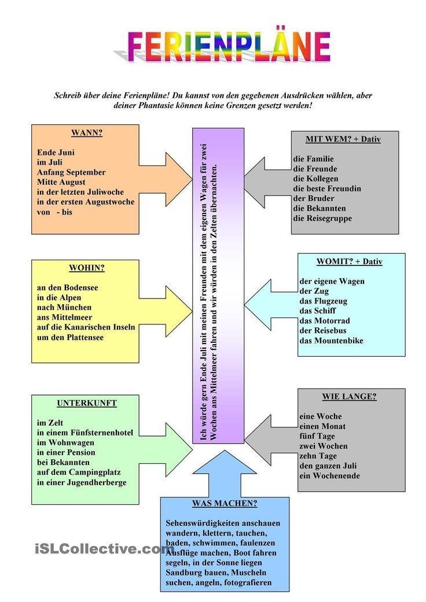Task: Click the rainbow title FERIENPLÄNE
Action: [229, 47]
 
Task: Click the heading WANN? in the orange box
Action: [86, 133]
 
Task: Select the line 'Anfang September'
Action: [71, 172]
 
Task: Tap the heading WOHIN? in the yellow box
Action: [86, 268]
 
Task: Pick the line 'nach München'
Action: [64, 308]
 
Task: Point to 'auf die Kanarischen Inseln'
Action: [86, 327]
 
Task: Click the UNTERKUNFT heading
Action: [86, 403]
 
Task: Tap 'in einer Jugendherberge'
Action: [81, 482]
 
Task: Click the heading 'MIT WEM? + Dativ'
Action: [343, 139]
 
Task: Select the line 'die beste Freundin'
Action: [327, 189]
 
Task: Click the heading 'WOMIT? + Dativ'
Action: [349, 261]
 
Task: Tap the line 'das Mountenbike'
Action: [331, 341]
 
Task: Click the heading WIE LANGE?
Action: [349, 397]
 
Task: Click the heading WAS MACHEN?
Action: [225, 503]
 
